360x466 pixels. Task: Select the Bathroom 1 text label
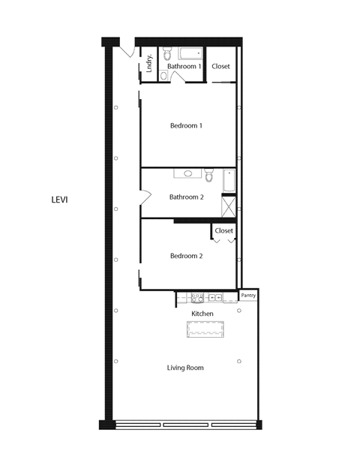[184, 67]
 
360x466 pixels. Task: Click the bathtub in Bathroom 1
[190, 54]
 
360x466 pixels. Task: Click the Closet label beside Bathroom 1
[220, 67]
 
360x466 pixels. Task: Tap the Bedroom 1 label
[185, 126]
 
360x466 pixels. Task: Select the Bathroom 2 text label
[187, 197]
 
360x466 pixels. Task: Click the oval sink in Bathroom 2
[187, 173]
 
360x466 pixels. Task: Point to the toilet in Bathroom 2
[208, 176]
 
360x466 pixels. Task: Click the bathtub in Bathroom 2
[229, 180]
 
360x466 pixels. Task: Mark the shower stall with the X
[229, 204]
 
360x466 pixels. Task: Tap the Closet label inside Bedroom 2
[223, 230]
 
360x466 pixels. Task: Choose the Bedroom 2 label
[186, 256]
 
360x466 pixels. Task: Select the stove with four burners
[197, 297]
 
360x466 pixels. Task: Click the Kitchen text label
[202, 314]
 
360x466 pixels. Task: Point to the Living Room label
[185, 368]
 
